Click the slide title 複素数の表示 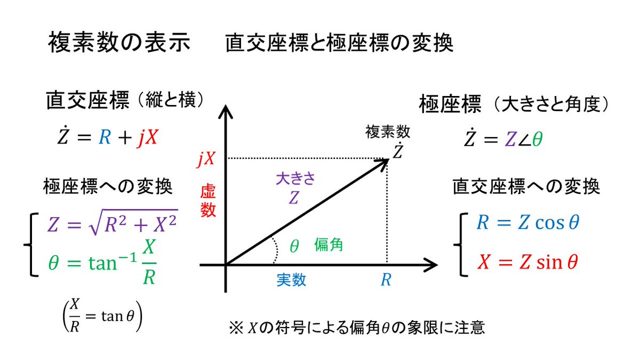119,42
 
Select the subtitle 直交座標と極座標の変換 339,43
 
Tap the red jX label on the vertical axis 206,158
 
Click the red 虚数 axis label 207,201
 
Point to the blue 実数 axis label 291,279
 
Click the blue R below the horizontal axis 386,279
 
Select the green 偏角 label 329,245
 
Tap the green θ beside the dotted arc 294,246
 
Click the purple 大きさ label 295,179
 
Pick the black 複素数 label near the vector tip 388,132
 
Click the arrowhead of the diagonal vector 383,163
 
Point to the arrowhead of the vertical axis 226,111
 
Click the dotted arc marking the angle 276,250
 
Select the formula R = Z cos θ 527,222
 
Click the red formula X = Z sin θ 527,262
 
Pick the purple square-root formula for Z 113,223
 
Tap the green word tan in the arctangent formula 102,263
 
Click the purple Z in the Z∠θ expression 510,140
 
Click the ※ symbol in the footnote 236,328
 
